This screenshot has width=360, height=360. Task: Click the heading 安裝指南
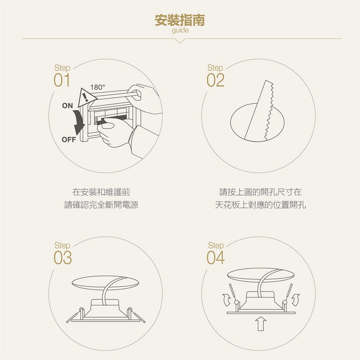pyautogui.click(x=180, y=20)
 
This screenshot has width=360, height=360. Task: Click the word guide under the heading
pyautogui.click(x=180, y=30)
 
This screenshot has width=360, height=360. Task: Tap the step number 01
pyautogui.click(x=62, y=80)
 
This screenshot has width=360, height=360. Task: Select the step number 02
pyautogui.click(x=215, y=80)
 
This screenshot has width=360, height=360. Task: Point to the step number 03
pyautogui.click(x=63, y=258)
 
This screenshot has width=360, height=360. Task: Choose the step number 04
pyautogui.click(x=216, y=258)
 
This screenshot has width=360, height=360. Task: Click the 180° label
pyautogui.click(x=97, y=87)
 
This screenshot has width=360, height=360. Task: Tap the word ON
pyautogui.click(x=67, y=106)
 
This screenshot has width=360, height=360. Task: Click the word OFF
pyautogui.click(x=69, y=139)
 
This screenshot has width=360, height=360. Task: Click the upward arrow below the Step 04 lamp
pyautogui.click(x=261, y=324)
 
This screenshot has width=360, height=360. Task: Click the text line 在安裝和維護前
pyautogui.click(x=101, y=192)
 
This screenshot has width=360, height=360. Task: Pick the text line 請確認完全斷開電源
pyautogui.click(x=101, y=205)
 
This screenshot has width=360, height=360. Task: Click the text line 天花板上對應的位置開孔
pyautogui.click(x=260, y=205)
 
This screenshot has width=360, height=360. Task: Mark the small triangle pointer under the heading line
pyautogui.click(x=180, y=41)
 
